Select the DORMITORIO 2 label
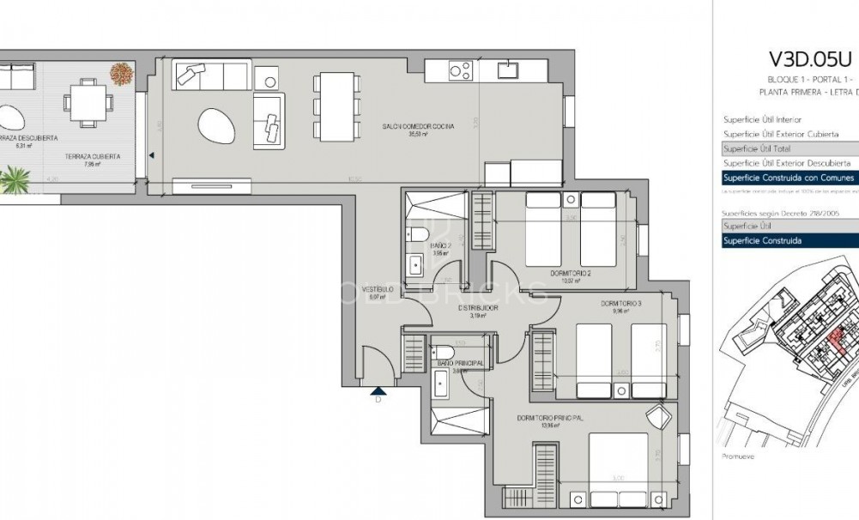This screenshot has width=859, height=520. click(x=571, y=274)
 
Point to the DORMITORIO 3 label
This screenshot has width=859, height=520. click(x=620, y=303)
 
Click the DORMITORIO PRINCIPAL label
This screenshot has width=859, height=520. click(x=550, y=418)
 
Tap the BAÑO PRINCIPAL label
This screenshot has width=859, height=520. click(x=459, y=364)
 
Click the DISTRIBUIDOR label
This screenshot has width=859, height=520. click(x=478, y=306)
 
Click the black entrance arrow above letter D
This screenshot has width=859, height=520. click(x=378, y=391)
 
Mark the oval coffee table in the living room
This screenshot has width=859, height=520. click(x=216, y=126)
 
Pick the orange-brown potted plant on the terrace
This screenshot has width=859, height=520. click(x=120, y=74)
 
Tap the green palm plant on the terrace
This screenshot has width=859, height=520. click(x=15, y=180)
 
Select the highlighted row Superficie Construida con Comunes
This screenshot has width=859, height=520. click(x=788, y=178)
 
